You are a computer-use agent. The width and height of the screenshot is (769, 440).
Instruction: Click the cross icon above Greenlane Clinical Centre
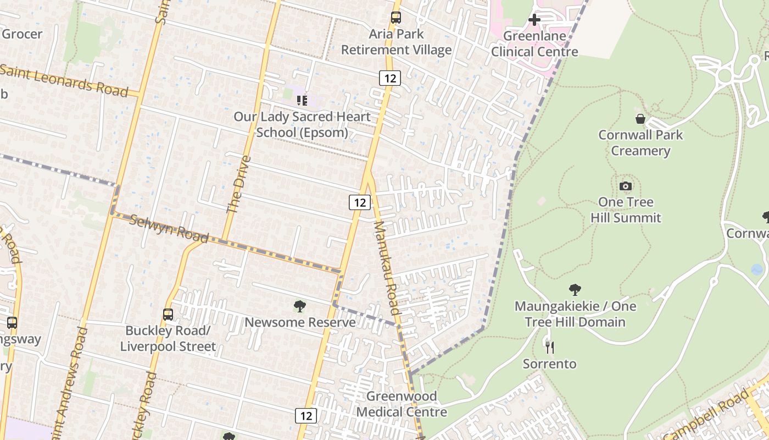tap(534, 20)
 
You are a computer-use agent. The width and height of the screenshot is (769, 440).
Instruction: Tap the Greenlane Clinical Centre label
tap(534, 44)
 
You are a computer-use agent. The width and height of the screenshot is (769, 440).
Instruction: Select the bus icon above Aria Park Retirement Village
tap(396, 18)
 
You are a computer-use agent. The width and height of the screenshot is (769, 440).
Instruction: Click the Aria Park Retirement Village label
tap(396, 42)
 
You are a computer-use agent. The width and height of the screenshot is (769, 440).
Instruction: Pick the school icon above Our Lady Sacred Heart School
tap(302, 100)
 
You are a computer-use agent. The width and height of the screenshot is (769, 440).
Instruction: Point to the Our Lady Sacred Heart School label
tap(302, 124)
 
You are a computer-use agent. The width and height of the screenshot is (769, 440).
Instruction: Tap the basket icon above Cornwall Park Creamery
tap(640, 118)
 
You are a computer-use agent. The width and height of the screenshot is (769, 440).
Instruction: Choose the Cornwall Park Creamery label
tap(640, 142)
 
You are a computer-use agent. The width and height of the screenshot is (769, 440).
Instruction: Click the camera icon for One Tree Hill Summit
tap(626, 186)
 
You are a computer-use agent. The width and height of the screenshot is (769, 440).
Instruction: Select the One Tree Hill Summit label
tap(626, 210)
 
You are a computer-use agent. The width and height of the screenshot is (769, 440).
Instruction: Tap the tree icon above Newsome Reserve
tap(300, 306)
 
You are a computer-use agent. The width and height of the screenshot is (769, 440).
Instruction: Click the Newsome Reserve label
tap(300, 322)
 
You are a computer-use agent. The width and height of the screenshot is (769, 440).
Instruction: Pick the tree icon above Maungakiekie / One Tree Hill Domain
tap(575, 289)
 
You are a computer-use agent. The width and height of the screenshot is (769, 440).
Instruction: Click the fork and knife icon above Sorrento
tap(549, 347)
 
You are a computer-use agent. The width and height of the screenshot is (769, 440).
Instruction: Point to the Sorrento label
tap(549, 364)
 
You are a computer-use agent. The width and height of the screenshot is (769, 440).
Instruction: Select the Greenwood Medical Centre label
tap(402, 404)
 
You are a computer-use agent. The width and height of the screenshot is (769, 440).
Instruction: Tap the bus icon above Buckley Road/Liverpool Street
tap(168, 315)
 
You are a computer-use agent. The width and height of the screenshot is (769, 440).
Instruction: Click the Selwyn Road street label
tap(169, 228)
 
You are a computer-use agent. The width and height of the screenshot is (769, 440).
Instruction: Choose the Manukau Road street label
tap(388, 268)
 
